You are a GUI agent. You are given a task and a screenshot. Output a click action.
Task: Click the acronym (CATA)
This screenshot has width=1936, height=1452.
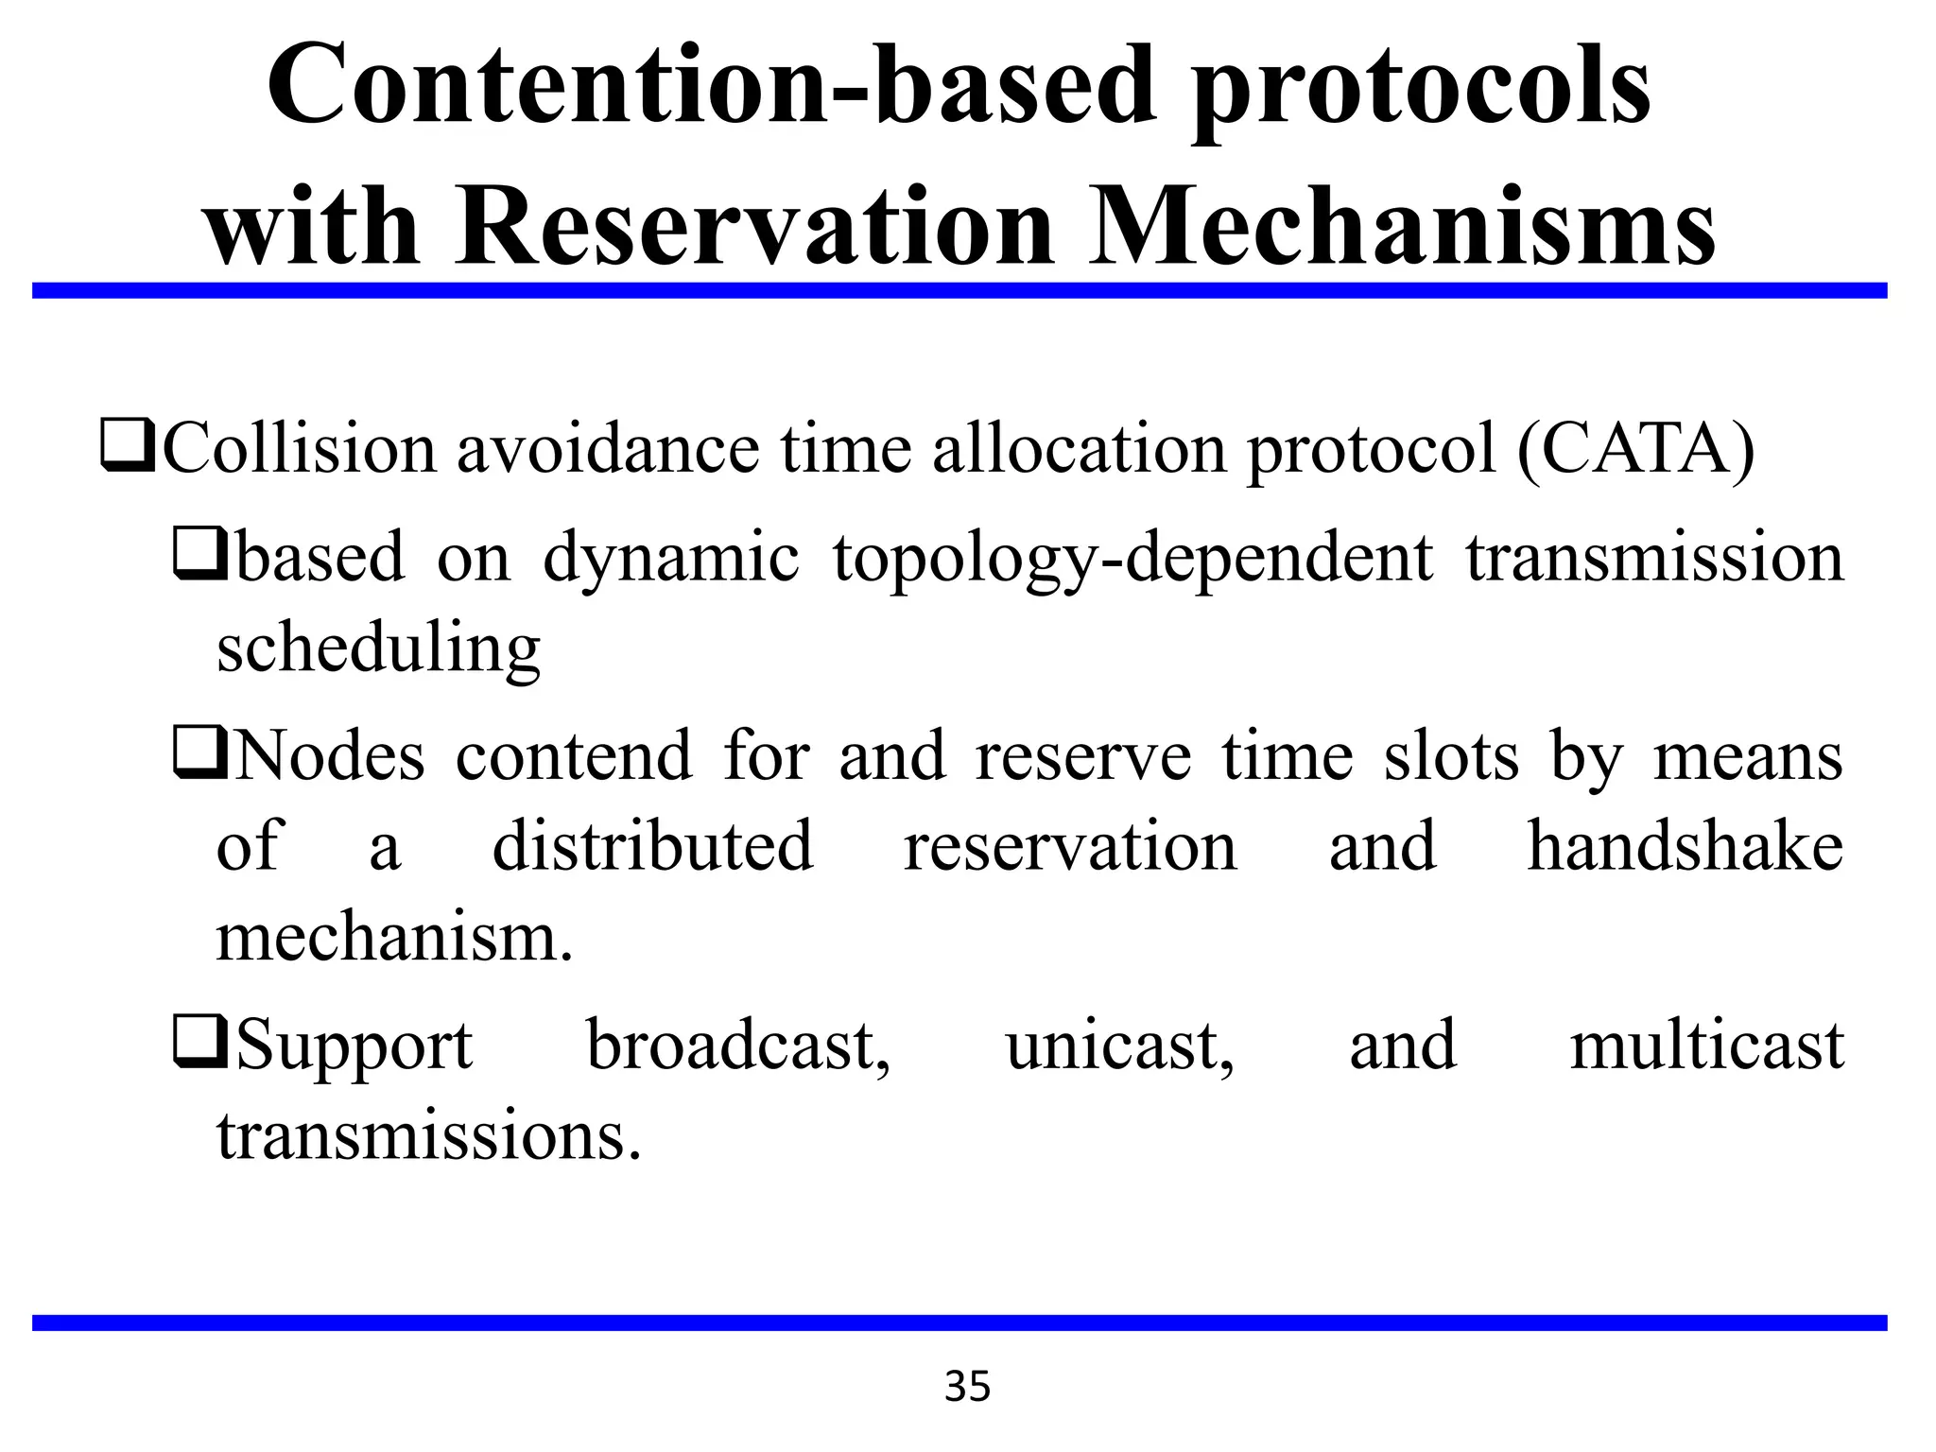[x=1634, y=449]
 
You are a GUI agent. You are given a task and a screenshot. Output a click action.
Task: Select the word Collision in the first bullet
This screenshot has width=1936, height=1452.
[x=300, y=449]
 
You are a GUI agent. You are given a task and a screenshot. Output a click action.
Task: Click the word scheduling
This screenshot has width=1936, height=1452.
[x=378, y=650]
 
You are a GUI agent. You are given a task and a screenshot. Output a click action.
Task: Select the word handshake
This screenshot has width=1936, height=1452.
[x=1685, y=846]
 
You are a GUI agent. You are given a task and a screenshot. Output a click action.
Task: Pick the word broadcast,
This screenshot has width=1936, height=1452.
[x=738, y=1046]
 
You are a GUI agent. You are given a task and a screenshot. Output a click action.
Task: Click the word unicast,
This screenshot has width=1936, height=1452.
[x=1119, y=1046]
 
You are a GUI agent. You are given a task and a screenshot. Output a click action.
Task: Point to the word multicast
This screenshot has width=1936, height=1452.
[x=1706, y=1046]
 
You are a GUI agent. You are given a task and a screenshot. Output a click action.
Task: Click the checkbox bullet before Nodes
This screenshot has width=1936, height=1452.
[x=199, y=757]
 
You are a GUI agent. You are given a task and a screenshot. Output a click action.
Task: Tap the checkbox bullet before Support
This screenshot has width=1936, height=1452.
[x=199, y=1046]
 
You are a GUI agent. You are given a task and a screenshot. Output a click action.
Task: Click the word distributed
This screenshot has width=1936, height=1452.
[x=652, y=846]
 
